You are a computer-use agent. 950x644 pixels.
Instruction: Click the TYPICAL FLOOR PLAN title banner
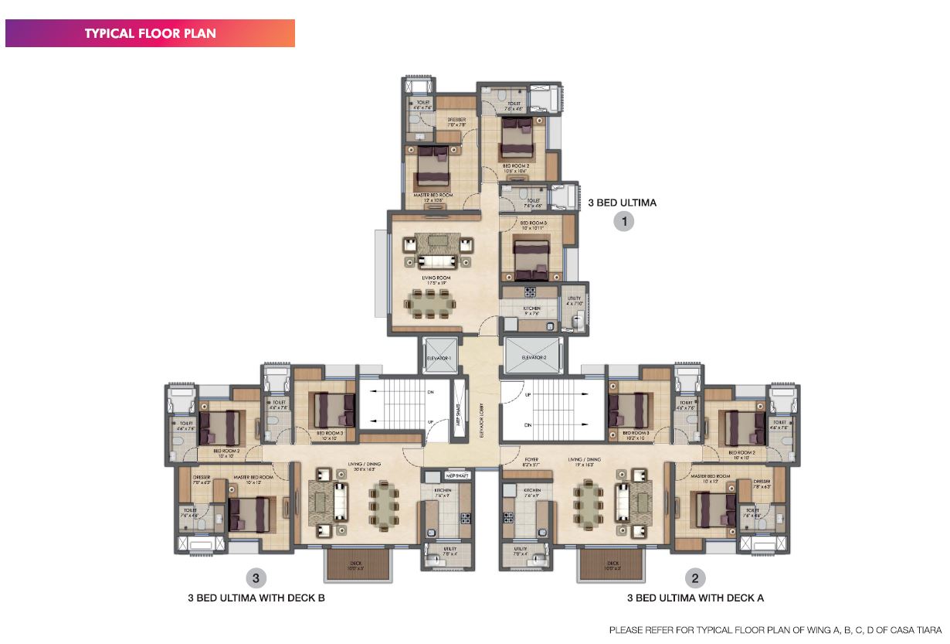click(150, 33)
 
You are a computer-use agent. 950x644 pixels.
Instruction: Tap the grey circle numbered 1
click(623, 222)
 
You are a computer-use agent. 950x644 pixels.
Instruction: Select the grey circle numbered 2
click(696, 577)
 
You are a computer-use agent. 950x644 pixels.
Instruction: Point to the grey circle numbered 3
click(256, 577)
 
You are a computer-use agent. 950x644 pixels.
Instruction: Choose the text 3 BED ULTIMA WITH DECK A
click(695, 598)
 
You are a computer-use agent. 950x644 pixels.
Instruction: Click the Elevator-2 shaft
click(534, 357)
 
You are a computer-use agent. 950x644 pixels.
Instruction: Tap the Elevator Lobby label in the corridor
click(481, 421)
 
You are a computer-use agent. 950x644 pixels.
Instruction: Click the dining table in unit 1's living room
click(431, 304)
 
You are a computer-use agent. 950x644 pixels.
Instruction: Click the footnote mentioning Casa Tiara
click(775, 630)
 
